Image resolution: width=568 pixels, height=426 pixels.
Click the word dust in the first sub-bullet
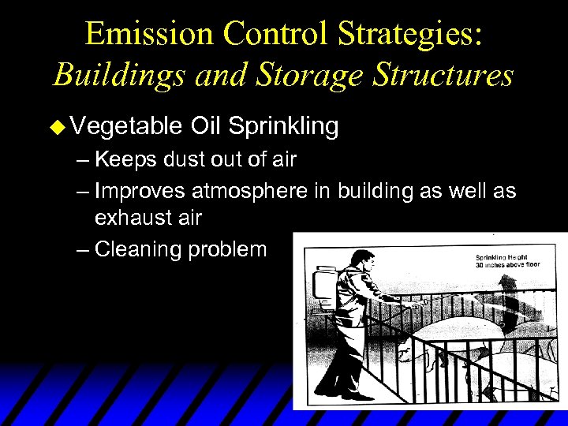[x=179, y=160]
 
